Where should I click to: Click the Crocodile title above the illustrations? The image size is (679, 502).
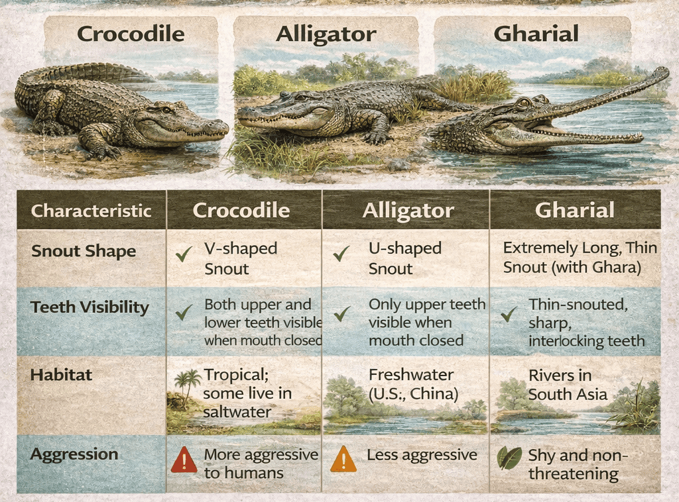(x=131, y=34)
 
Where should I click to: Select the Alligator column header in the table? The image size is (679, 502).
(x=408, y=211)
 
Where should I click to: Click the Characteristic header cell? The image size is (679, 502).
(x=92, y=211)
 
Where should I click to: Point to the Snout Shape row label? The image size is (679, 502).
(x=84, y=252)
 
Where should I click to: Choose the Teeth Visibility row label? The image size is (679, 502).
(x=90, y=307)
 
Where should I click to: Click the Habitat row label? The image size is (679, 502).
(x=61, y=375)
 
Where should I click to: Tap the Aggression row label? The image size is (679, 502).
(x=74, y=454)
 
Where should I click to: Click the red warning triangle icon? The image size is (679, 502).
(x=184, y=459)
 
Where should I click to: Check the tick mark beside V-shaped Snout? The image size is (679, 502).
(x=184, y=254)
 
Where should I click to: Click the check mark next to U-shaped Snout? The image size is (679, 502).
(x=342, y=254)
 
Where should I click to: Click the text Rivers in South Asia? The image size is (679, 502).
(x=568, y=385)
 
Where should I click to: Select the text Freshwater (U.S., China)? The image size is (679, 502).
(x=413, y=384)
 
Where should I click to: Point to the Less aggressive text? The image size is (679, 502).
(x=422, y=455)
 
